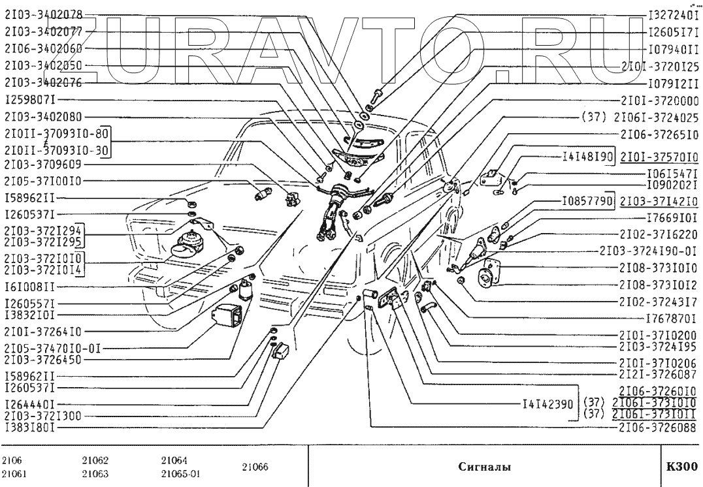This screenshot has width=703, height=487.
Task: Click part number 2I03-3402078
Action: pyautogui.click(x=43, y=14)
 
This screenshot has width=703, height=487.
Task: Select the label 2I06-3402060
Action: pyautogui.click(x=43, y=48)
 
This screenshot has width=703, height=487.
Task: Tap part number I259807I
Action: pyautogui.click(x=31, y=100)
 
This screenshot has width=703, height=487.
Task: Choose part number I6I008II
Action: pyautogui.click(x=29, y=286)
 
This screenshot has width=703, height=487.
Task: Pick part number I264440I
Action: pyautogui.click(x=29, y=403)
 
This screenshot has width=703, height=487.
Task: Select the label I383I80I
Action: pyautogui.click(x=29, y=428)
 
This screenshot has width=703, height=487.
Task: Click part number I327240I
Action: pyautogui.click(x=672, y=14)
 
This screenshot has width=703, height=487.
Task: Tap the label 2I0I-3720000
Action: pyautogui.click(x=660, y=101)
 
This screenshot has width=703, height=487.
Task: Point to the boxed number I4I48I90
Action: pyautogui.click(x=587, y=157)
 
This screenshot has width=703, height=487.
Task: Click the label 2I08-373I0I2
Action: pyautogui.click(x=660, y=285)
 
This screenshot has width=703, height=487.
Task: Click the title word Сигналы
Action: pyautogui.click(x=484, y=467)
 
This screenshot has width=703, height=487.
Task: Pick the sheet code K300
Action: pyautogui.click(x=682, y=467)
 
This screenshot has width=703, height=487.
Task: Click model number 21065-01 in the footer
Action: pyautogui.click(x=180, y=474)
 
